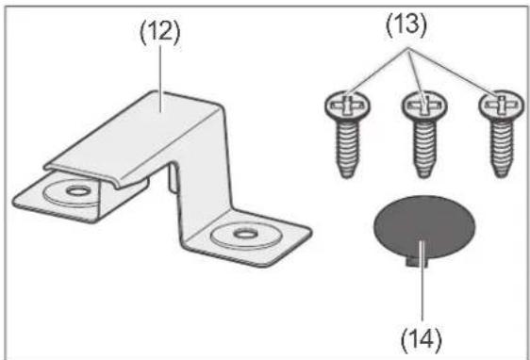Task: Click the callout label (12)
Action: [x=160, y=34]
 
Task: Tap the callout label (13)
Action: [x=406, y=25]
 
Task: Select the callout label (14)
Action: [x=422, y=338]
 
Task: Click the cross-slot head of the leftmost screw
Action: [x=347, y=106]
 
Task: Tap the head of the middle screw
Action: [x=424, y=106]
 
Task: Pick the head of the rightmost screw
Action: [x=502, y=106]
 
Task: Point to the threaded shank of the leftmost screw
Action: [x=347, y=148]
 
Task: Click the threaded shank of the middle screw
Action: [x=424, y=148]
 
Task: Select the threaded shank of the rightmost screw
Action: [x=502, y=148]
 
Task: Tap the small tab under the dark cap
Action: [x=417, y=262]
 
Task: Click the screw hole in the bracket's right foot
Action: [x=246, y=233]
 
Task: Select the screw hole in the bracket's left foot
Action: [x=78, y=191]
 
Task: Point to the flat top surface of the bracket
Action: [x=135, y=135]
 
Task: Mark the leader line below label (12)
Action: [x=160, y=78]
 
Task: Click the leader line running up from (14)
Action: [x=422, y=280]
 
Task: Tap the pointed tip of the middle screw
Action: [x=424, y=175]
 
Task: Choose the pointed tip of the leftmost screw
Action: [x=347, y=175]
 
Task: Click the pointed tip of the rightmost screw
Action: [x=502, y=175]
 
